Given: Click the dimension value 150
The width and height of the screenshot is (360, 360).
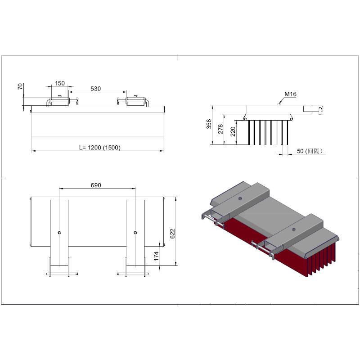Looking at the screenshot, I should (x=60, y=83).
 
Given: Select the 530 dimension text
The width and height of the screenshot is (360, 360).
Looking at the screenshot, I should (x=95, y=89).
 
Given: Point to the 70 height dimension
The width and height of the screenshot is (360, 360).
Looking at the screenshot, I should (x=20, y=86).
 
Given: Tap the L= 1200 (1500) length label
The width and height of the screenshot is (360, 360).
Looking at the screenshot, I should (x=99, y=147).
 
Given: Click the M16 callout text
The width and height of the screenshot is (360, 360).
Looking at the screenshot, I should (x=290, y=94).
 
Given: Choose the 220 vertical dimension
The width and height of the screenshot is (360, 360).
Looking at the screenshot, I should (x=233, y=132).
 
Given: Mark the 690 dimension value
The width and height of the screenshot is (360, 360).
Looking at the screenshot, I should (x=96, y=185).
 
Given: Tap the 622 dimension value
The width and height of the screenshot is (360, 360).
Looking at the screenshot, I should (x=172, y=233).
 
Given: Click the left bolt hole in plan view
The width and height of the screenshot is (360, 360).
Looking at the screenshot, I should (x=59, y=232).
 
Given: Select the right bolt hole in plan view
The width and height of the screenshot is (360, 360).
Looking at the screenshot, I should (x=135, y=232).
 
